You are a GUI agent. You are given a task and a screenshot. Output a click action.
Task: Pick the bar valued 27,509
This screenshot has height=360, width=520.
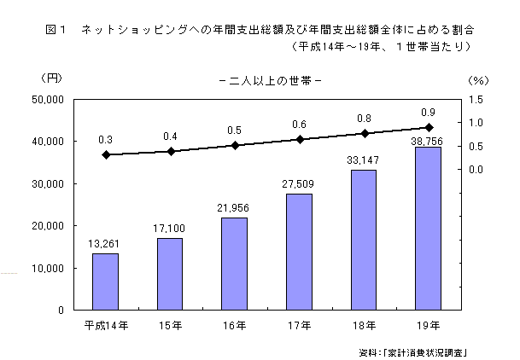299,252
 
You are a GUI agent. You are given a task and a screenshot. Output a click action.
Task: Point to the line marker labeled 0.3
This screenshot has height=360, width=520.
106,154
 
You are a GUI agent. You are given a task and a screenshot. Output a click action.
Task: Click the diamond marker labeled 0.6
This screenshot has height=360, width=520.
300,139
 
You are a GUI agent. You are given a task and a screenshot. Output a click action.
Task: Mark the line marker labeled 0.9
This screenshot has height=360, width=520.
429,127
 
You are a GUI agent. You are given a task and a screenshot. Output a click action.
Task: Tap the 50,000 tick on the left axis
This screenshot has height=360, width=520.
51,100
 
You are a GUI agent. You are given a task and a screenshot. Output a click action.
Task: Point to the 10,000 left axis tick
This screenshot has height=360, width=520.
51,268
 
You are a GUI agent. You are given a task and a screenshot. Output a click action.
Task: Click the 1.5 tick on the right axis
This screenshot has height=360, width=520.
475,100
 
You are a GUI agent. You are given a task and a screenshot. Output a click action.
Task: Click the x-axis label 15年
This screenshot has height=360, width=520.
170,325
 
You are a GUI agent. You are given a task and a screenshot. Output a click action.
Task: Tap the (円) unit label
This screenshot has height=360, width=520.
51,78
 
